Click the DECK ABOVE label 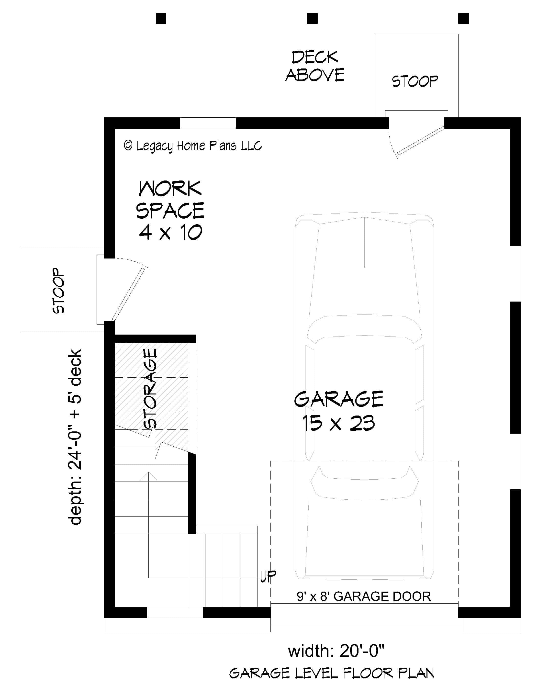click(315, 66)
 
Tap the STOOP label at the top click(415, 81)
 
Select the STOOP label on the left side click(59, 291)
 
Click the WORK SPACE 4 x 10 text click(170, 210)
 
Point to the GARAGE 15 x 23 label click(338, 411)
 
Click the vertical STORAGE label click(150, 388)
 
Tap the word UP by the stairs click(268, 576)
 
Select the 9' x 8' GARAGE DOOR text click(364, 596)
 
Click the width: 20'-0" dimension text click(336, 651)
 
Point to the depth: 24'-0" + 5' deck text click(75, 437)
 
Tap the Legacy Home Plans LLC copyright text click(193, 146)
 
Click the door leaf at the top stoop click(421, 141)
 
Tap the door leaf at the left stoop click(128, 294)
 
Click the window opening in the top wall click(208, 123)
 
